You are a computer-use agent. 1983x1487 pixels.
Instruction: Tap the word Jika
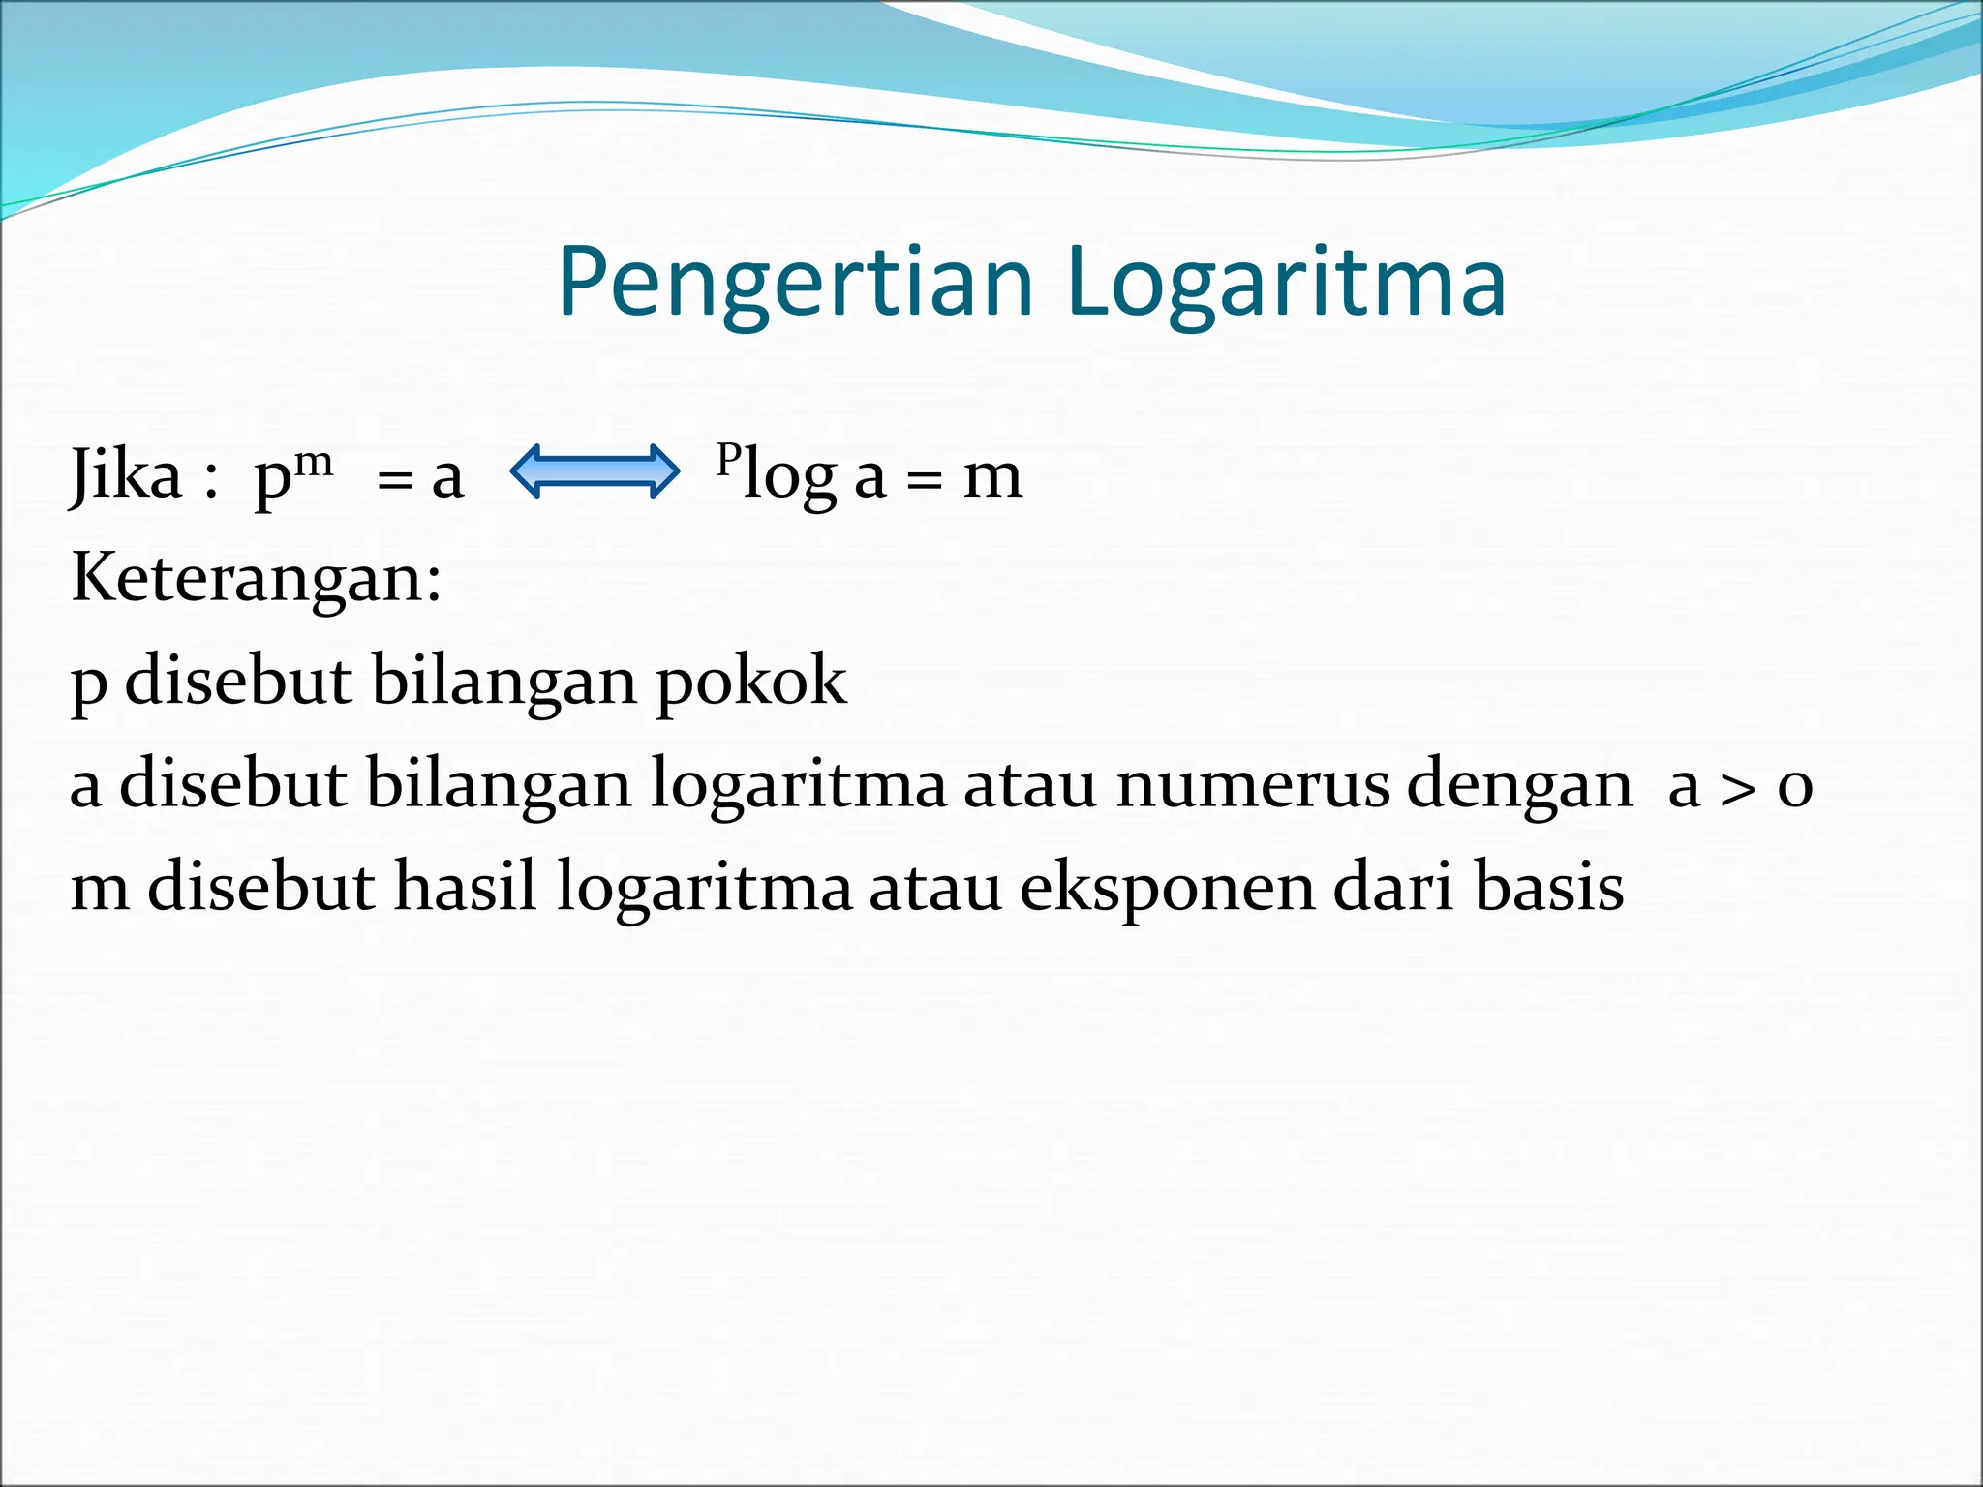(127, 475)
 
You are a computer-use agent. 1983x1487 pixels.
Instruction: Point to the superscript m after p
(314, 462)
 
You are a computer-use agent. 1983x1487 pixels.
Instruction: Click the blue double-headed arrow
(595, 471)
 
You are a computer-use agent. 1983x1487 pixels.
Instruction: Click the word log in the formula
(789, 477)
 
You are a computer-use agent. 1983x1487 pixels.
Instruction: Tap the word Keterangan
(256, 578)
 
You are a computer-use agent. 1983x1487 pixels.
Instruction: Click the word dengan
(1519, 785)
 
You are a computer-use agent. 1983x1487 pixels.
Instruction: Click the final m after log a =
(992, 477)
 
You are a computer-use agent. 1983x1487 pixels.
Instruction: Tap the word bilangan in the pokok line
(503, 681)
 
